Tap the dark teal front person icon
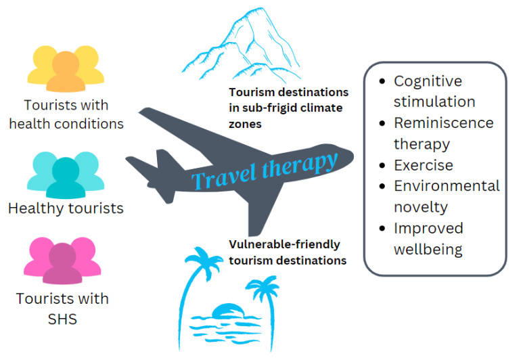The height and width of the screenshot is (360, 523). click(66, 178)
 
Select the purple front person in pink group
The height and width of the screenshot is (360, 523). click(62, 264)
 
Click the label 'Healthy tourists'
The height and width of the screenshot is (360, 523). click(66, 208)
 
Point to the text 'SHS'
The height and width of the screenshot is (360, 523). click(62, 319)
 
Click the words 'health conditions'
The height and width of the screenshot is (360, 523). click(66, 124)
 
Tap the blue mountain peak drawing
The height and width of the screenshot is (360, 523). click(241, 45)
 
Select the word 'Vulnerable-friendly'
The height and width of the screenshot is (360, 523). click(284, 244)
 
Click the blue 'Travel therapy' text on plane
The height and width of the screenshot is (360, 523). click(264, 171)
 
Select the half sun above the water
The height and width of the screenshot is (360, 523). click(227, 311)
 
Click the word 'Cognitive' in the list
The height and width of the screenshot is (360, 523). click(428, 81)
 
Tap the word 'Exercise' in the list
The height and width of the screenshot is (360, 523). click(424, 165)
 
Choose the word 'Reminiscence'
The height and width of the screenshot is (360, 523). click(444, 122)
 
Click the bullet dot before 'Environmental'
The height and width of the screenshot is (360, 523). click(382, 186)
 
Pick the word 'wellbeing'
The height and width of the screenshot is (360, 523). click(428, 250)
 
